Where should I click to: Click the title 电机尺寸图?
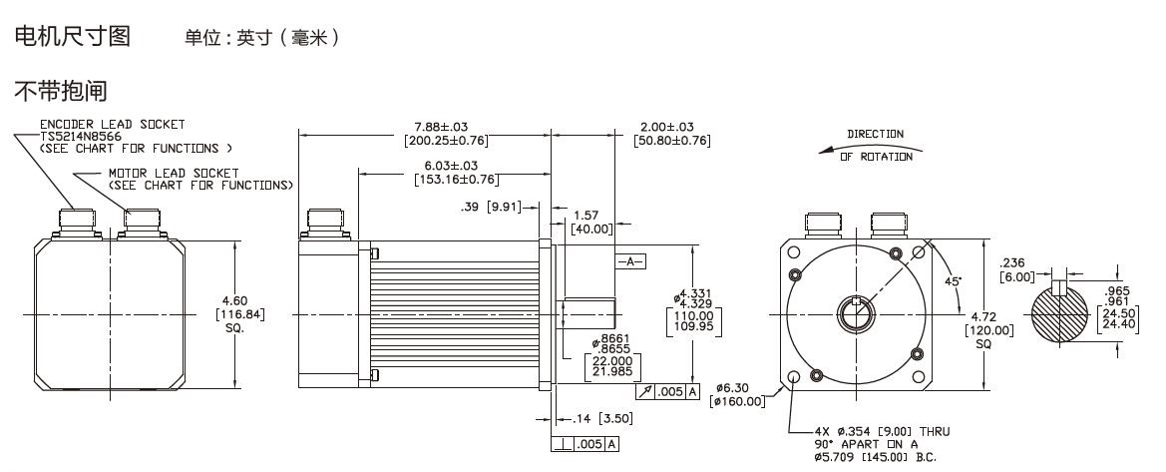tap(71, 36)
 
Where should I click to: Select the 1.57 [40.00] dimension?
tap(591, 222)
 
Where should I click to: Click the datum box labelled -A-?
tap(630, 261)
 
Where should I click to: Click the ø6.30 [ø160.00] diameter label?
tap(736, 395)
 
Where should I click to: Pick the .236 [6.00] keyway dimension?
tap(1015, 271)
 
